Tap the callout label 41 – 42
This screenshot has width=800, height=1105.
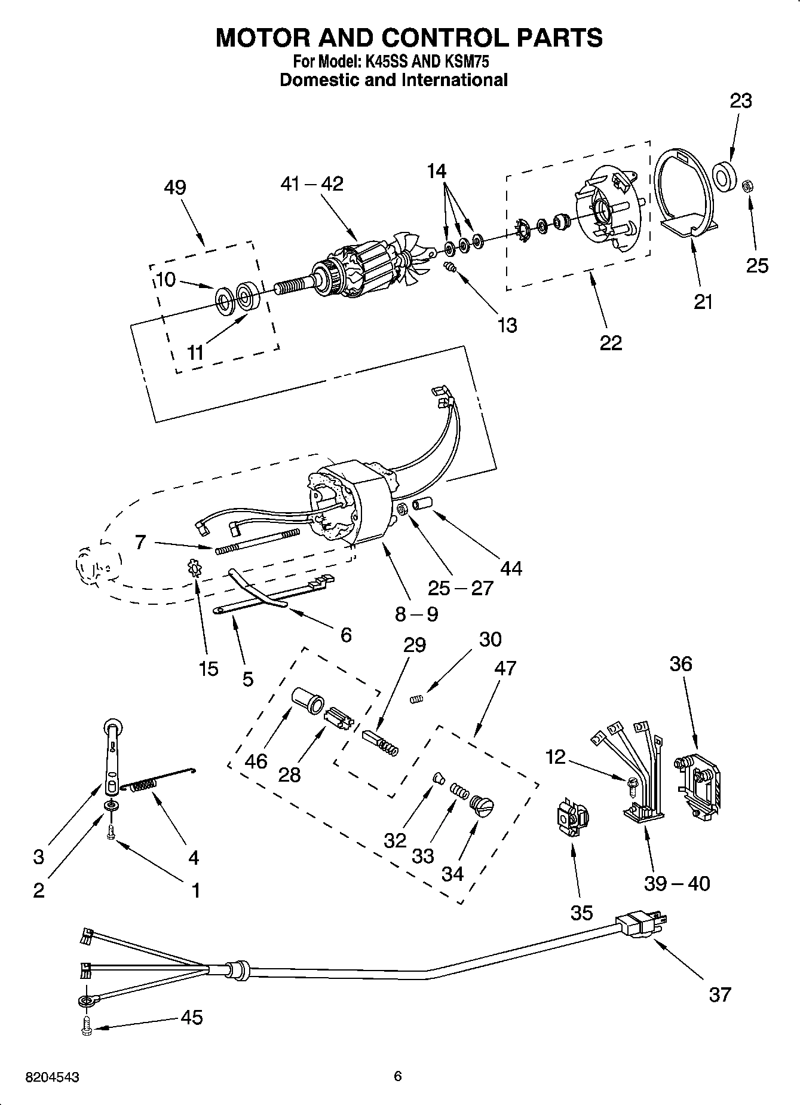pos(312,183)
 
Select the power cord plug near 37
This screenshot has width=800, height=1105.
pos(640,926)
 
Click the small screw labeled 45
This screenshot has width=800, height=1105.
pos(87,1026)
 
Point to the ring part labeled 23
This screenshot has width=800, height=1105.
pos(724,177)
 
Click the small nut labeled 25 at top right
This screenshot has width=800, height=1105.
pos(746,186)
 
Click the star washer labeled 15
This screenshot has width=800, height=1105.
pos(195,567)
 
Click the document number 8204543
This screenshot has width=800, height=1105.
pos(53,1078)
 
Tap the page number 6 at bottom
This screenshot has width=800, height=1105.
pos(398,1076)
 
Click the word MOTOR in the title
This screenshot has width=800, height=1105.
pos(263,38)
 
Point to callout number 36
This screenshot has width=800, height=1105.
pos(681,663)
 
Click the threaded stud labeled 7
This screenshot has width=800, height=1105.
pos(257,541)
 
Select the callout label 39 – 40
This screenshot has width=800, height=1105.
pos(676,883)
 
